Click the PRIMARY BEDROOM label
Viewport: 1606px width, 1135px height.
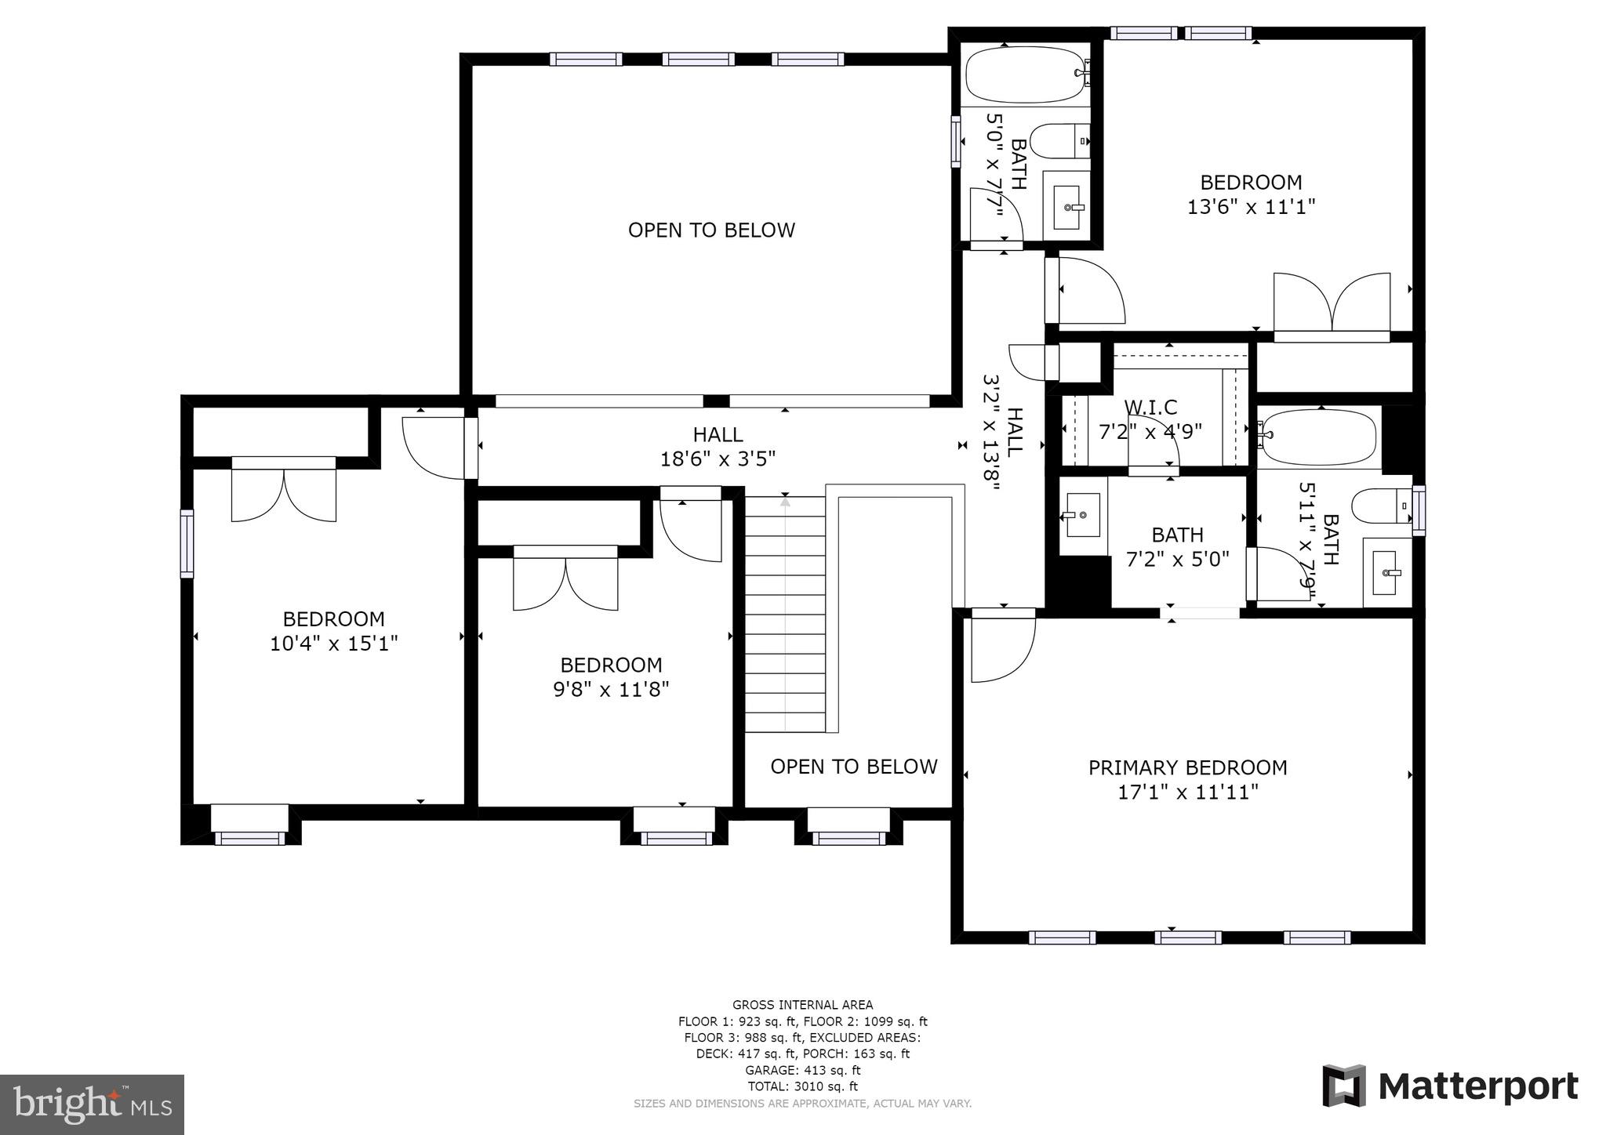pyautogui.click(x=1187, y=767)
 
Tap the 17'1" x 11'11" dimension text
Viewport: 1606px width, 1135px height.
pyautogui.click(x=1187, y=792)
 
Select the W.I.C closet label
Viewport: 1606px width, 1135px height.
pyautogui.click(x=1150, y=408)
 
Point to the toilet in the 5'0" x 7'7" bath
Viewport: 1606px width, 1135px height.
pyautogui.click(x=1059, y=141)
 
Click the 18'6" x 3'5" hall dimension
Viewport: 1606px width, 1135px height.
pyautogui.click(x=718, y=459)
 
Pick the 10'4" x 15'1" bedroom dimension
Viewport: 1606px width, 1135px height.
pyautogui.click(x=334, y=644)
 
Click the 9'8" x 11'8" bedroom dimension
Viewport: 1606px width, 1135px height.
pyautogui.click(x=611, y=690)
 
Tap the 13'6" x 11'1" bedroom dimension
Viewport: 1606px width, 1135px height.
pyautogui.click(x=1251, y=207)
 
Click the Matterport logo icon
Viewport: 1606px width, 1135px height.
pyautogui.click(x=1344, y=1086)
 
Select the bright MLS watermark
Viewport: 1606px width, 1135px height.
pyautogui.click(x=93, y=1104)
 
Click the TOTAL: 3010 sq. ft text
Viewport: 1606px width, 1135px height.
pyautogui.click(x=802, y=1086)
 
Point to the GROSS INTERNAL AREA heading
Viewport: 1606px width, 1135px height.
pyautogui.click(x=802, y=1005)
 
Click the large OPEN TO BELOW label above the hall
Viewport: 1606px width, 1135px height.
pyautogui.click(x=711, y=230)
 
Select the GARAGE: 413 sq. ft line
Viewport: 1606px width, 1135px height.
pyautogui.click(x=802, y=1070)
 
